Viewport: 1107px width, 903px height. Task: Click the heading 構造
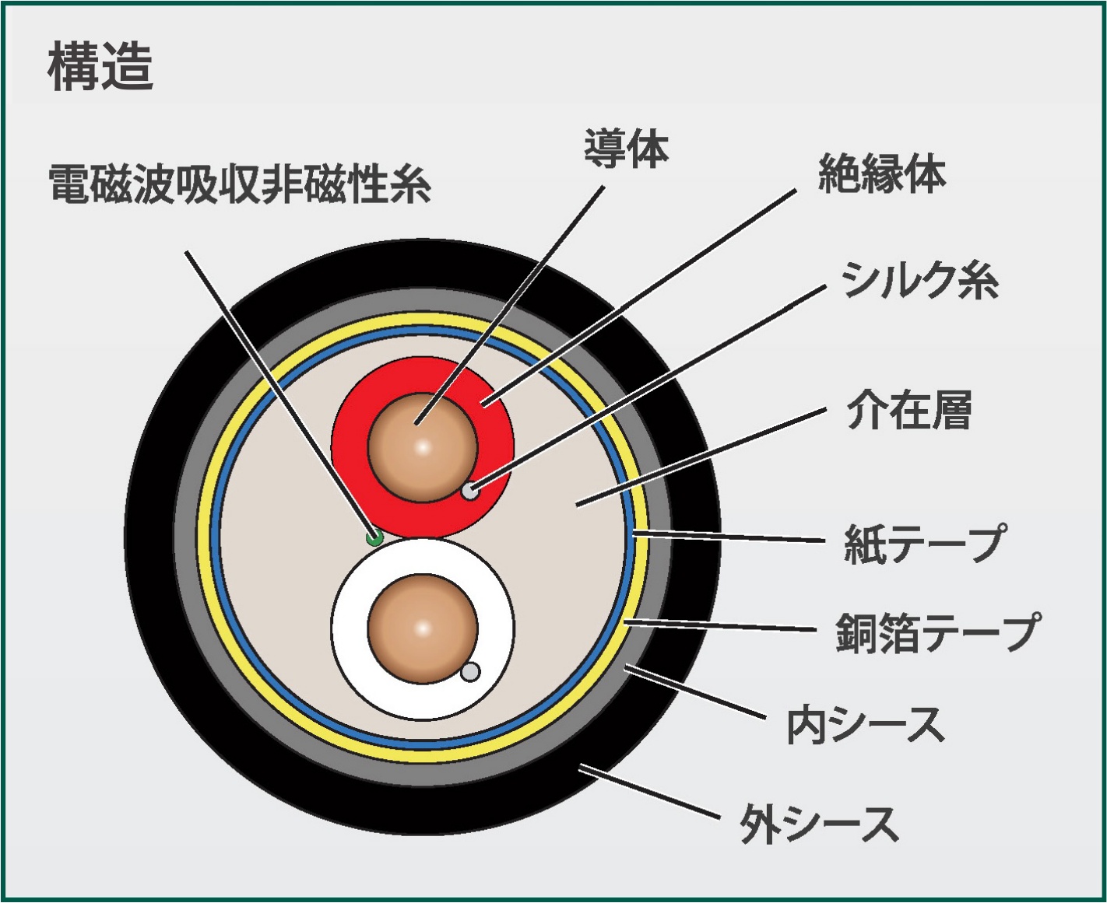(100, 67)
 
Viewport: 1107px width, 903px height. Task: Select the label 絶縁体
(881, 173)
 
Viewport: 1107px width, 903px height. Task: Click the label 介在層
(908, 411)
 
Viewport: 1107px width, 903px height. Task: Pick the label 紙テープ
(925, 543)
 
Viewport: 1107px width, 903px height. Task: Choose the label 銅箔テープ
(937, 632)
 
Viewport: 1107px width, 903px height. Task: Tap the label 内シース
(865, 725)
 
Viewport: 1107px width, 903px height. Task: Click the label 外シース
(819, 824)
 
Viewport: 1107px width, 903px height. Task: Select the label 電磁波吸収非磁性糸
(240, 184)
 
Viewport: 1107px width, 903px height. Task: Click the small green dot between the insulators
(374, 537)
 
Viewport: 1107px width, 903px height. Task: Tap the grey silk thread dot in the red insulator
(469, 492)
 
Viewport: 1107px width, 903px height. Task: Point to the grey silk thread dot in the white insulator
(470, 672)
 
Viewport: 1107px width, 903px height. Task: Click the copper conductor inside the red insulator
(422, 447)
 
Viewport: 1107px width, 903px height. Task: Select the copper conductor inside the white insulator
(422, 628)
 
